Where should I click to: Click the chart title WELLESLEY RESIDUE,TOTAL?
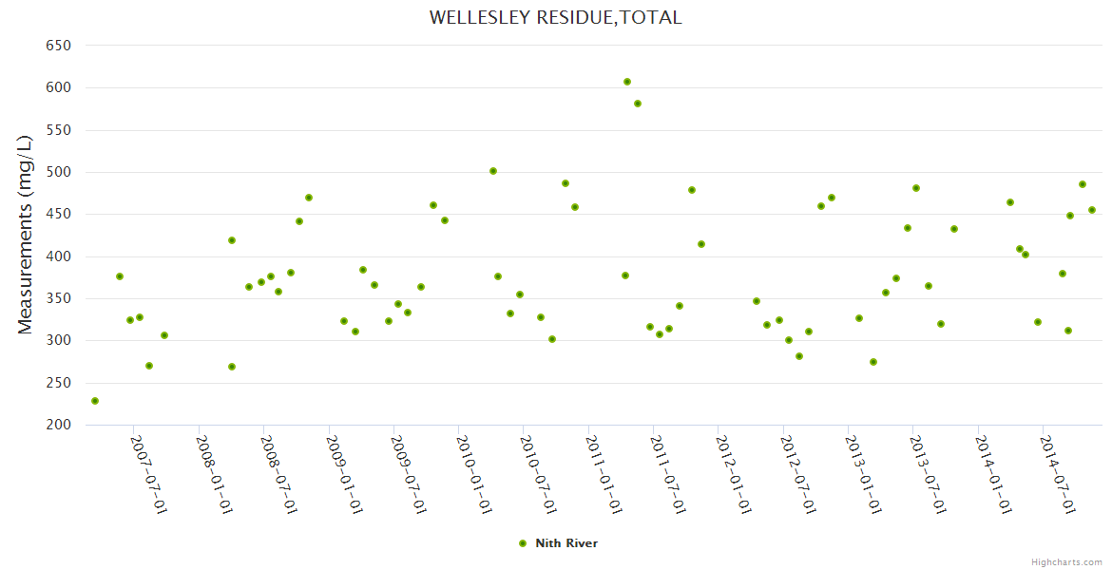pyautogui.click(x=555, y=17)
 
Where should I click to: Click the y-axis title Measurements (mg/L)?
pyautogui.click(x=26, y=234)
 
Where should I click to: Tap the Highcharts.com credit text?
pyautogui.click(x=1066, y=561)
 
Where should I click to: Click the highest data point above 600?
pyautogui.click(x=627, y=82)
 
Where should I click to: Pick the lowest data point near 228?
pyautogui.click(x=95, y=401)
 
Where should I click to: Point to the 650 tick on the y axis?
pyautogui.click(x=59, y=46)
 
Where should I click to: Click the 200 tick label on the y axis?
pyautogui.click(x=59, y=425)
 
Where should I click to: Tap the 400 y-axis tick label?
pyautogui.click(x=59, y=256)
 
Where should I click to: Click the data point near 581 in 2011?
pyautogui.click(x=638, y=104)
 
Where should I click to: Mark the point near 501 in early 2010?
pyautogui.click(x=493, y=171)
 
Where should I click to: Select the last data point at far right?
pyautogui.click(x=1092, y=210)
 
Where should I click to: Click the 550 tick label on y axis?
pyautogui.click(x=59, y=130)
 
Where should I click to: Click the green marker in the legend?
pyautogui.click(x=522, y=543)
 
